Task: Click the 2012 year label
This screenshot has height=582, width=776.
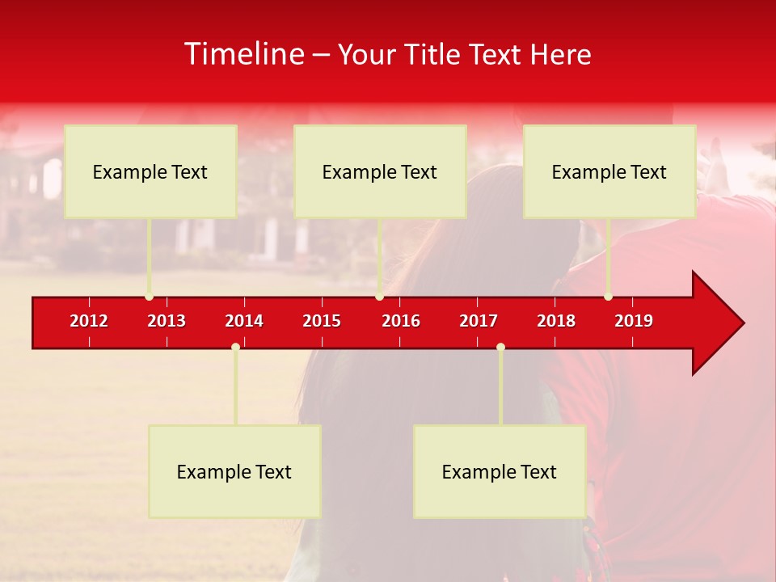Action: [x=89, y=321]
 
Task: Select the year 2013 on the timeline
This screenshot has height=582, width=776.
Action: [x=167, y=321]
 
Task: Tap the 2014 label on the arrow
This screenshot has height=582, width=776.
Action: [x=244, y=321]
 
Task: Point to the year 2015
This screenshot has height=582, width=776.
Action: [x=322, y=321]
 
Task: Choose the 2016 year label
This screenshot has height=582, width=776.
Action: [x=401, y=321]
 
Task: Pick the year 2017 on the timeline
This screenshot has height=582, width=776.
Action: [x=479, y=321]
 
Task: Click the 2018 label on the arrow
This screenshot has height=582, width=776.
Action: [x=556, y=321]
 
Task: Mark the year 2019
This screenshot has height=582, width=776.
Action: [x=634, y=321]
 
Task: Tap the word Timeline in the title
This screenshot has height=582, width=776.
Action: [x=243, y=54]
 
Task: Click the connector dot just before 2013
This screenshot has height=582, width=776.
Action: [x=149, y=297]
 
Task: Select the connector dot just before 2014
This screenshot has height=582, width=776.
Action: [x=235, y=347]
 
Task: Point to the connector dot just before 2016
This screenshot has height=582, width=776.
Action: [x=379, y=297]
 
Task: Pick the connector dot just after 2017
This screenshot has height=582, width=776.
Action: [x=500, y=347]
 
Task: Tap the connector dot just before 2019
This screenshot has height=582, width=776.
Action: [x=608, y=297]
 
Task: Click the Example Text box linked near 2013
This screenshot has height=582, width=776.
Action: [x=150, y=171]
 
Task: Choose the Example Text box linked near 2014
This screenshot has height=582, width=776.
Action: [x=234, y=471]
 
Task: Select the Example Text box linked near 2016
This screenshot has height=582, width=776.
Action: [x=380, y=171]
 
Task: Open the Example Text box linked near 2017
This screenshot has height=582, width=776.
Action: [x=500, y=471]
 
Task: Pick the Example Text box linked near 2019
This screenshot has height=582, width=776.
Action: [x=609, y=171]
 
